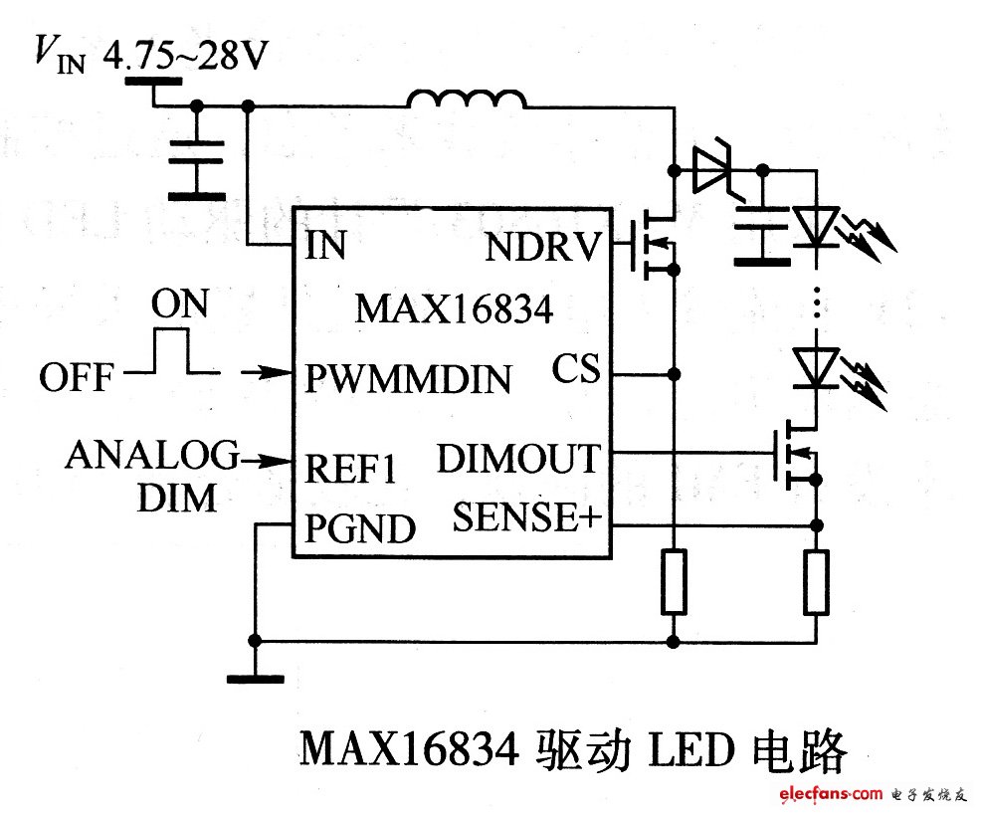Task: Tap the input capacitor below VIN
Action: (x=196, y=169)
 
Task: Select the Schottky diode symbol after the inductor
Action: (x=714, y=170)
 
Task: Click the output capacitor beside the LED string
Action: (x=762, y=234)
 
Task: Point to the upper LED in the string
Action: (x=816, y=226)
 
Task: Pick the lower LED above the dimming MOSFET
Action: (x=816, y=366)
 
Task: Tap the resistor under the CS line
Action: (x=674, y=581)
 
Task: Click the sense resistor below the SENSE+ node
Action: (x=817, y=581)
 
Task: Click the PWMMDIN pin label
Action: (x=408, y=378)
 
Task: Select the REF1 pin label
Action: (x=349, y=469)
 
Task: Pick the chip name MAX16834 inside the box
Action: (x=454, y=309)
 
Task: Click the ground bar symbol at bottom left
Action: (x=255, y=680)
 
